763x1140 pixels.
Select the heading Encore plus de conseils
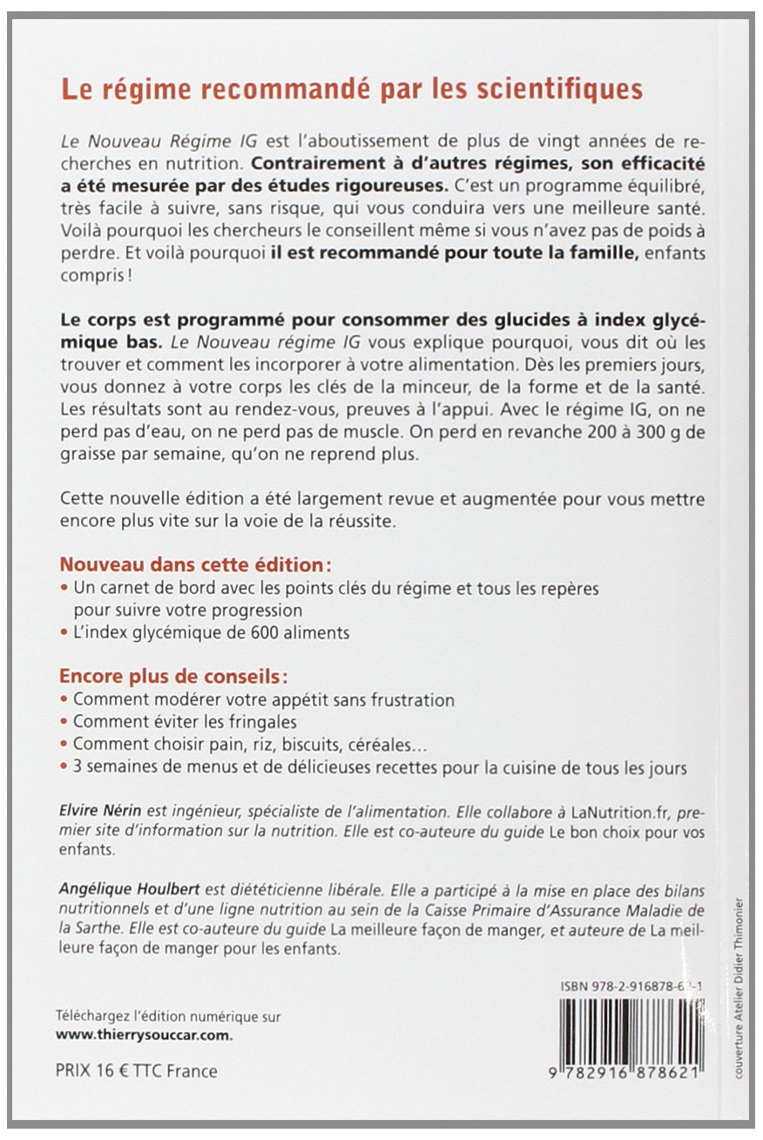172,677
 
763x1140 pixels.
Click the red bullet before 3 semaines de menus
64,768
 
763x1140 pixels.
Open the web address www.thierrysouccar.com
145,1035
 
